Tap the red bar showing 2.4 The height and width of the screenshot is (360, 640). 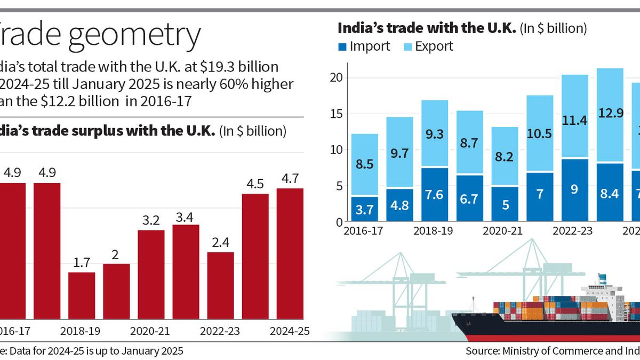pos(220,285)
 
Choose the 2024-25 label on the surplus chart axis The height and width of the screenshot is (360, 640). pos(290,331)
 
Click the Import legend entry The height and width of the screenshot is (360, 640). pos(364,46)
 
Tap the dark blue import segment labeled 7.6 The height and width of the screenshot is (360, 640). pos(435,195)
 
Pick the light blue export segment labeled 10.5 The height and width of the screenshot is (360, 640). pos(540,133)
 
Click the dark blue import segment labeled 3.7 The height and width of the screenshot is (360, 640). pos(365,209)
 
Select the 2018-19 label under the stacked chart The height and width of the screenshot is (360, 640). pos(435,231)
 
